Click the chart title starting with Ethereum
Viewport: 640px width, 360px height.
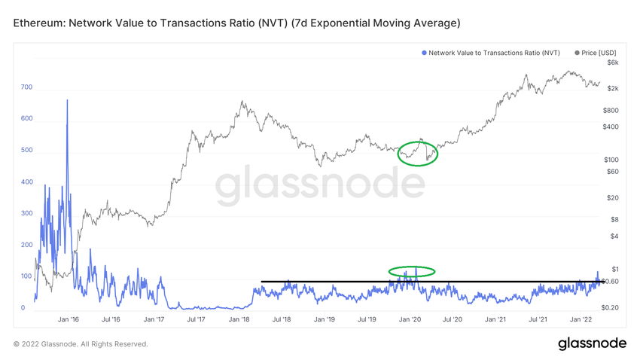tap(236, 23)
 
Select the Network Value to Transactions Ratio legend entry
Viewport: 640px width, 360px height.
tap(493, 53)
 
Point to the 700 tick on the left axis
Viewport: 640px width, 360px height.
tap(26, 87)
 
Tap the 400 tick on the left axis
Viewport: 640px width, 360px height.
tap(26, 182)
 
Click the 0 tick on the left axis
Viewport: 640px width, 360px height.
tap(23, 308)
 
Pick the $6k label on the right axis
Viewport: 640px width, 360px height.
tap(613, 63)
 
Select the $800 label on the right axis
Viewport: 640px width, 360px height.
tap(611, 110)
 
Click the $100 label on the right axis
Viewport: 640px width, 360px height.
tap(611, 160)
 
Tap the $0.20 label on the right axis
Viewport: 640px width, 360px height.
tap(611, 308)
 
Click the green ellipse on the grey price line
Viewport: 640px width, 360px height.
tap(417, 153)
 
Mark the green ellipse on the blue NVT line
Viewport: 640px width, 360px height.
tap(412, 271)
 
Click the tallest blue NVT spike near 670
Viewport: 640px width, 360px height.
tap(67, 101)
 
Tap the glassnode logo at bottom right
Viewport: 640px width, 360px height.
tap(592, 343)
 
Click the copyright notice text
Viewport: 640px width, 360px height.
tap(81, 344)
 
